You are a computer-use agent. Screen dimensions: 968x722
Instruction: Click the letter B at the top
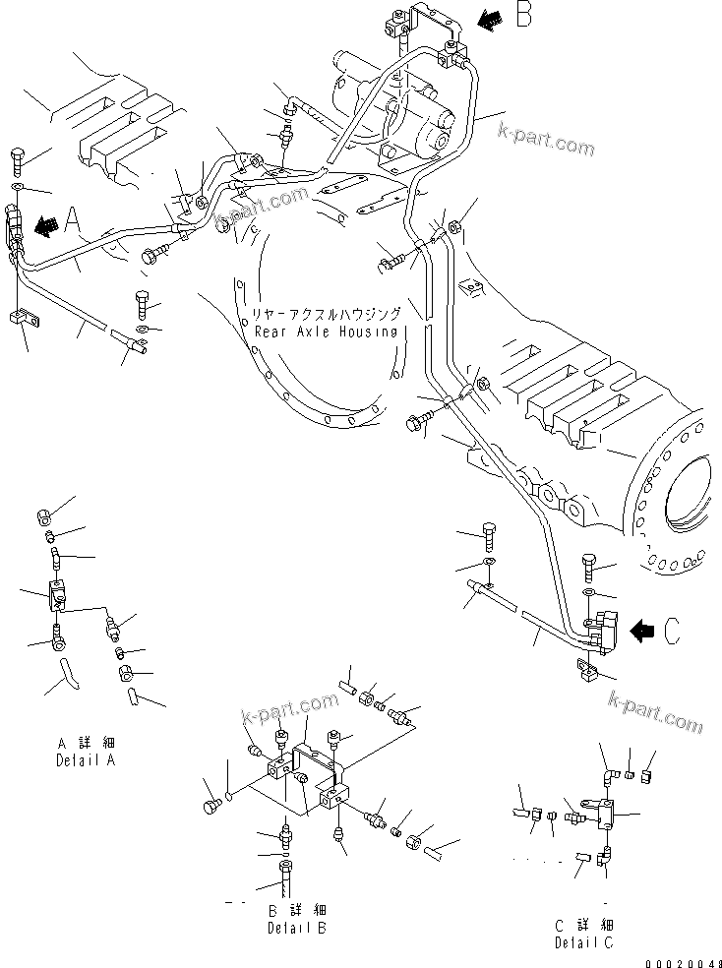[x=522, y=17]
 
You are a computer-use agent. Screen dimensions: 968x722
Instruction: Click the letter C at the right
[x=670, y=632]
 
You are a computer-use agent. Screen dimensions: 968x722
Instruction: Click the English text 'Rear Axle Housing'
[x=325, y=332]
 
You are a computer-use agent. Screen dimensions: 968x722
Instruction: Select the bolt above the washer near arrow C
[x=588, y=565]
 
